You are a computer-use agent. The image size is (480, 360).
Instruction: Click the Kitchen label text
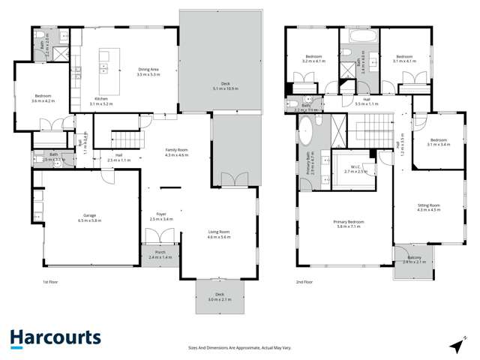coord(101,100)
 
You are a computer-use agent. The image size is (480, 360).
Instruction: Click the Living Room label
coord(219,233)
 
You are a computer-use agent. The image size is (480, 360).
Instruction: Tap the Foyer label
coord(161,216)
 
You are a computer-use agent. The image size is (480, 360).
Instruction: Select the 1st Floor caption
coord(51,282)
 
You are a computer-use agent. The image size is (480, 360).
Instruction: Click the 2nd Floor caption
coord(304,282)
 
